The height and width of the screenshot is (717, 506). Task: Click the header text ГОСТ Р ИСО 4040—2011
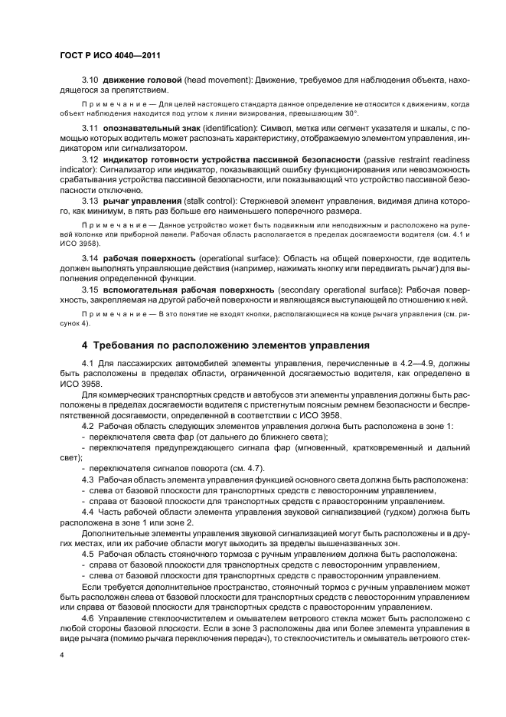point(109,56)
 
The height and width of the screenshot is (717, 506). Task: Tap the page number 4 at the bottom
point(62,655)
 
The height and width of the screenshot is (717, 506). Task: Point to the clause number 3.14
point(90,258)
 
